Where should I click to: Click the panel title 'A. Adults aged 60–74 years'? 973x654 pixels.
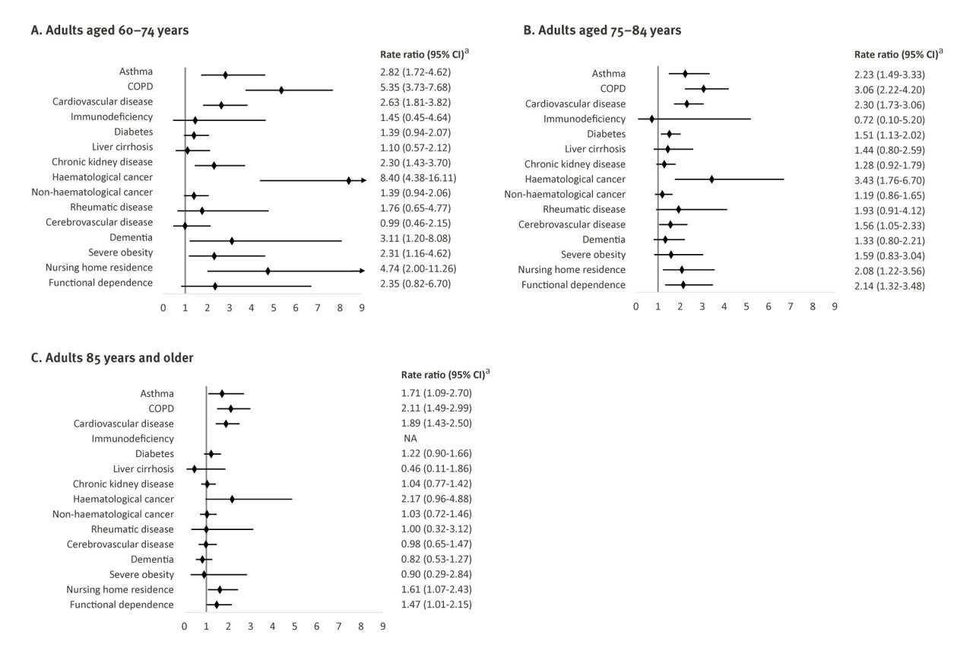pos(109,30)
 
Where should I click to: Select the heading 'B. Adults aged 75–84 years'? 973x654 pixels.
pos(602,30)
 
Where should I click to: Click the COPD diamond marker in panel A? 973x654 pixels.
pos(281,90)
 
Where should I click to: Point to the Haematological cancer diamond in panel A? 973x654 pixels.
pos(349,180)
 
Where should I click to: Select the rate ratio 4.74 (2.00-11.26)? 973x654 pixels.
pos(420,268)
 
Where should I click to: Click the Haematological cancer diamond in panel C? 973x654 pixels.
pos(232,499)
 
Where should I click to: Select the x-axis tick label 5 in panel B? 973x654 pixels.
pos(746,306)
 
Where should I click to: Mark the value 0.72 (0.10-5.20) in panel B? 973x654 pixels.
pos(890,119)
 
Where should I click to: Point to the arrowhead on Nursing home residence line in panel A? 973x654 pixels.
pos(363,271)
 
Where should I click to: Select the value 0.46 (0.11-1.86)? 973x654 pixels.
pos(436,468)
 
